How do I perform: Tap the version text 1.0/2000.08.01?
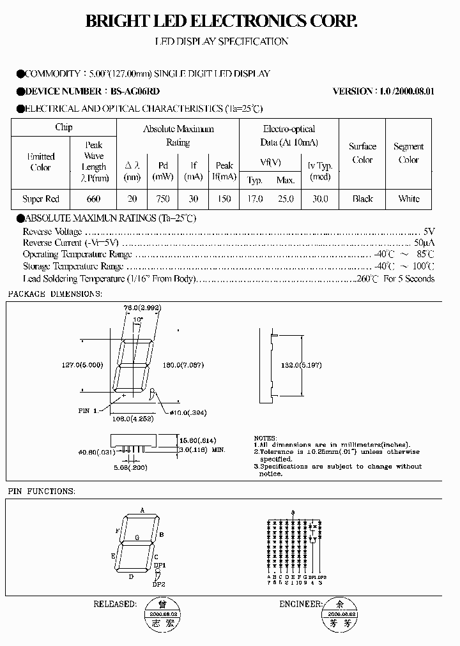pos(406,91)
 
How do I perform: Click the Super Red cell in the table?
pos(41,199)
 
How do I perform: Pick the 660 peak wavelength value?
pos(93,199)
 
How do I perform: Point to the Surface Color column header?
pos(362,153)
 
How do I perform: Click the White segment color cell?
pos(409,199)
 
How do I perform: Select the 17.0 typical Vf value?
pos(255,199)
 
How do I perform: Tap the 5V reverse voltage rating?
pos(429,231)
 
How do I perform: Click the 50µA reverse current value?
pos(424,243)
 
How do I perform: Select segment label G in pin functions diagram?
pos(137,537)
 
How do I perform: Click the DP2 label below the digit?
pos(158,583)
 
